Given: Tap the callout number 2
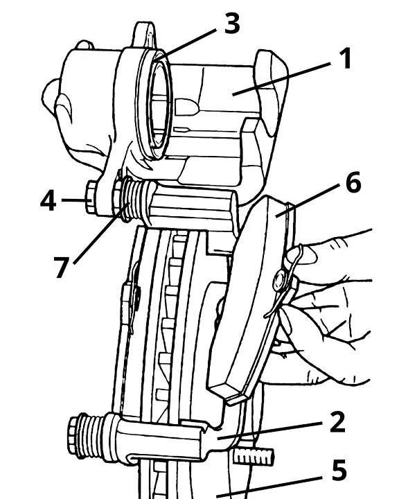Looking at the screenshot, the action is [338, 422].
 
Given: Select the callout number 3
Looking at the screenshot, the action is [232, 23].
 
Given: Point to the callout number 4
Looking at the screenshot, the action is [48, 201].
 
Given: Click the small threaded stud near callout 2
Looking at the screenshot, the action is [254, 456].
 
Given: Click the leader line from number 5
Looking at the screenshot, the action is [269, 487].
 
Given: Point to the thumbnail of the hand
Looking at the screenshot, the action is [306, 254].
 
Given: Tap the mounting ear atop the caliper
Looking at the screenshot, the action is [145, 35].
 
